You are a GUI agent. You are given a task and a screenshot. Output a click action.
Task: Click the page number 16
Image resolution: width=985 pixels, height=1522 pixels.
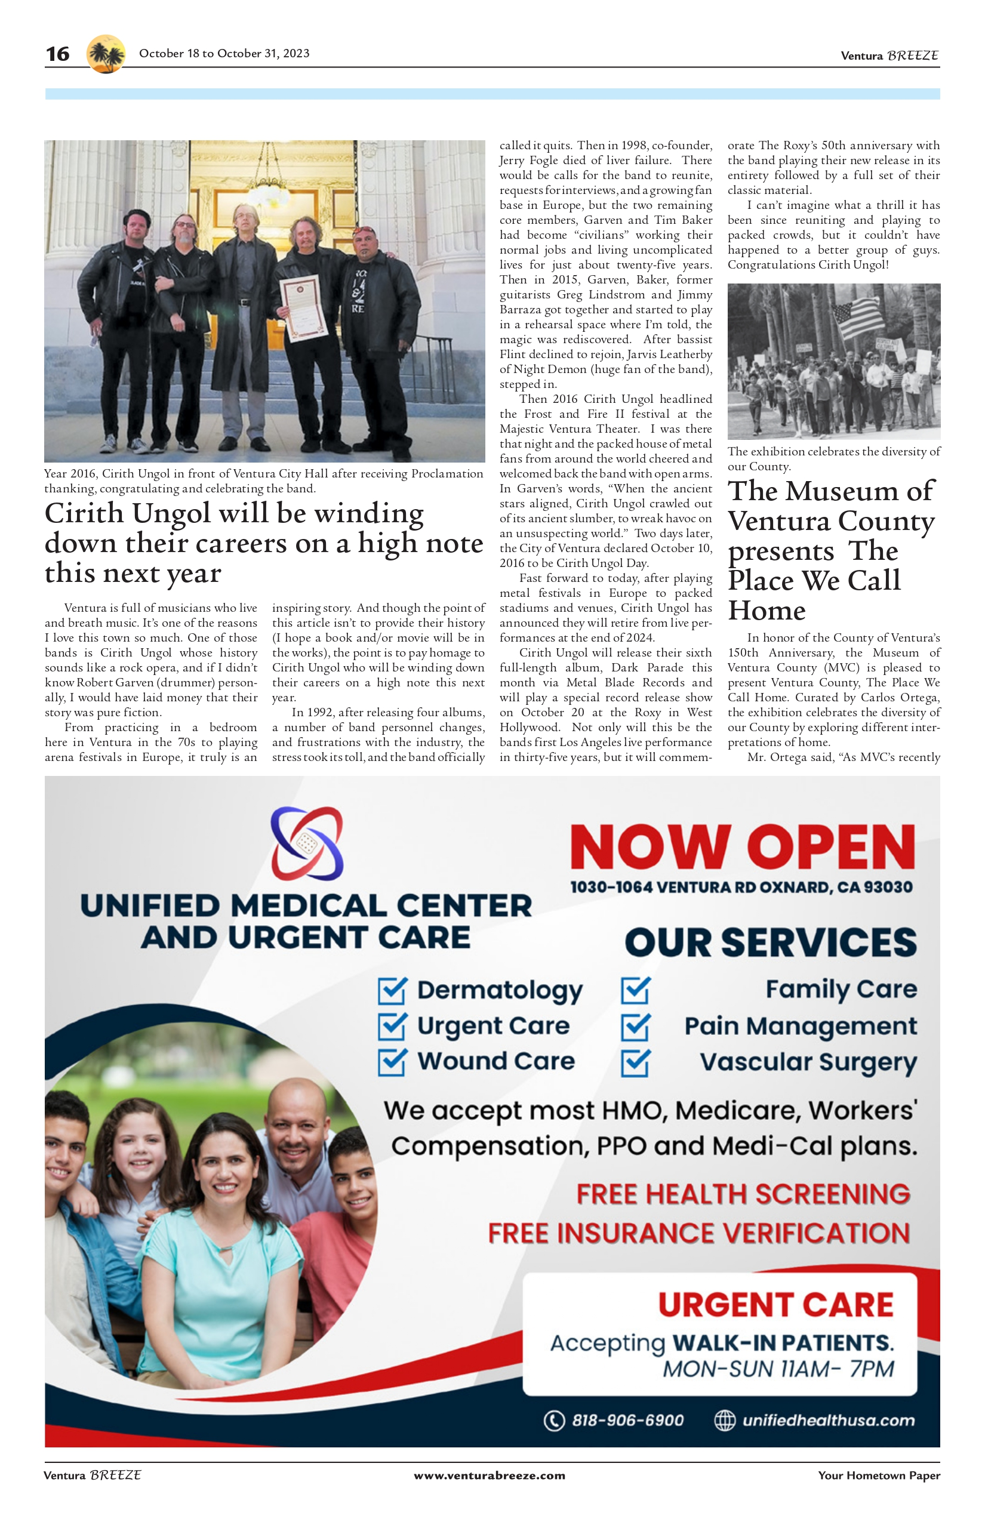click(x=57, y=54)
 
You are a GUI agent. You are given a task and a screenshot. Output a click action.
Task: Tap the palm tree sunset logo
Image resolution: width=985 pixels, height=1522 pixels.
click(x=106, y=54)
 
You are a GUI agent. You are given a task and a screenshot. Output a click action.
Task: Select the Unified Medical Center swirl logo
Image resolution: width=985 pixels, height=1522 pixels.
click(x=307, y=843)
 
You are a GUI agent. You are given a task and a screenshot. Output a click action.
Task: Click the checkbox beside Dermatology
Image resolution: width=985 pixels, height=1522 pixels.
click(x=392, y=991)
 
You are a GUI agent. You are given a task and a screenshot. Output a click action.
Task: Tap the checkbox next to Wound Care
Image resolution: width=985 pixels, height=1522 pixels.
click(x=392, y=1062)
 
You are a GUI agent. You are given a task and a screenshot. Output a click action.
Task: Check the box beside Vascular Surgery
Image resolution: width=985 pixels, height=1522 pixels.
click(x=636, y=1063)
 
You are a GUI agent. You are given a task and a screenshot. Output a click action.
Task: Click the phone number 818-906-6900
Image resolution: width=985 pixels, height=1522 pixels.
click(x=627, y=1421)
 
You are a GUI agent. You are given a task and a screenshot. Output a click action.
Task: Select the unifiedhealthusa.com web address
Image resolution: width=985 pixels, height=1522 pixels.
click(x=829, y=1421)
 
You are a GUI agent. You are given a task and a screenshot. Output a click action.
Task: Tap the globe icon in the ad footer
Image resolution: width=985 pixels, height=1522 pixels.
click(x=725, y=1421)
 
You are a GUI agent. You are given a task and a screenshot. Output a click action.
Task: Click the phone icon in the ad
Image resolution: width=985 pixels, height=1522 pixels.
click(x=554, y=1421)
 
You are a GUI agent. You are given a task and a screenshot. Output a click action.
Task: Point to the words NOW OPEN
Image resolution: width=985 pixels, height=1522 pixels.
click(x=742, y=846)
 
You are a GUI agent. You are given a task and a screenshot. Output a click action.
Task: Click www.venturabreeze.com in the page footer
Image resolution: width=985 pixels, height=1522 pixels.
click(x=490, y=1475)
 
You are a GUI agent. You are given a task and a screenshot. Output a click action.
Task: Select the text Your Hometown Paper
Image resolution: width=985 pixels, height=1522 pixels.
click(x=879, y=1475)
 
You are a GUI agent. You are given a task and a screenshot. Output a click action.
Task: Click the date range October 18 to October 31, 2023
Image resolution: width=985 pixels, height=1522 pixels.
click(x=224, y=54)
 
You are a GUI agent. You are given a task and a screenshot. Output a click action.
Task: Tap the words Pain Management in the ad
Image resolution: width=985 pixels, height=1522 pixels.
click(x=801, y=1027)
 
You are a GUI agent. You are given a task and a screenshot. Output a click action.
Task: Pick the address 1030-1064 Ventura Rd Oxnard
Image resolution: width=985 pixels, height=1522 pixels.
click(x=741, y=887)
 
